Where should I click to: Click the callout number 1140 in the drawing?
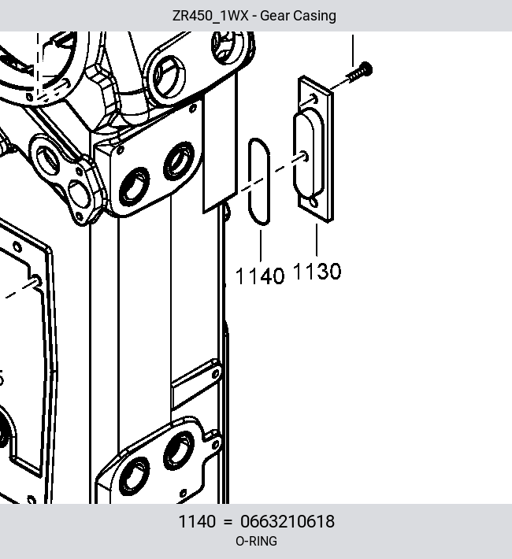(260, 276)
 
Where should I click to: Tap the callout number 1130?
(317, 272)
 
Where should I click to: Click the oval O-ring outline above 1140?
(249, 182)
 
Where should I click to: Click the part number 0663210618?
(288, 521)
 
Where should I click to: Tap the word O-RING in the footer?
(256, 541)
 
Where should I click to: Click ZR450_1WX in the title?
(210, 16)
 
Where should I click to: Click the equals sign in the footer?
(228, 522)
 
